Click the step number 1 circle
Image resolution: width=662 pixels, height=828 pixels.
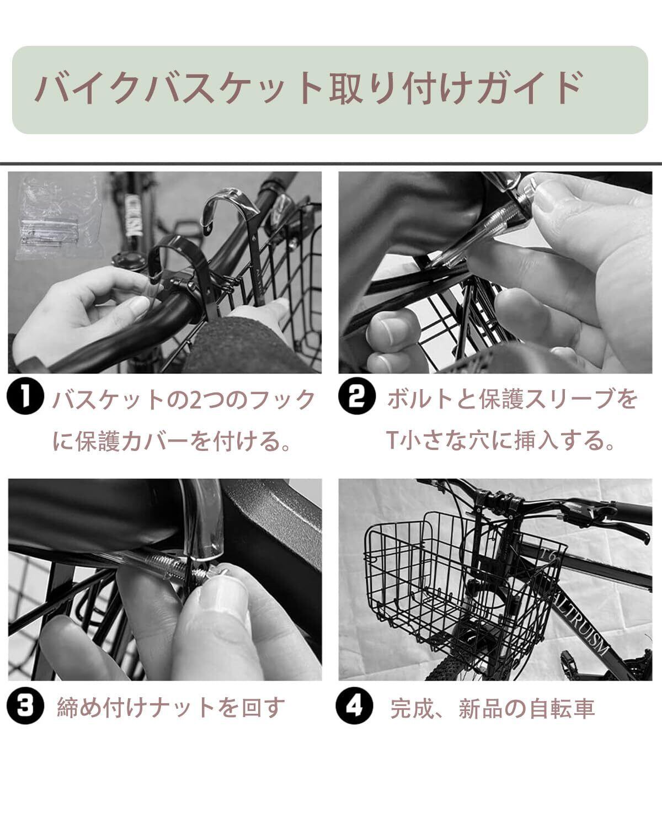point(25,396)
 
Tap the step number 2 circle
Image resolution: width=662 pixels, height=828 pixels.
point(356,396)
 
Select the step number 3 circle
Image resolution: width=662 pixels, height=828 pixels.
point(25,705)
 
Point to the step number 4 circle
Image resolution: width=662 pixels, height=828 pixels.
point(354,705)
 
